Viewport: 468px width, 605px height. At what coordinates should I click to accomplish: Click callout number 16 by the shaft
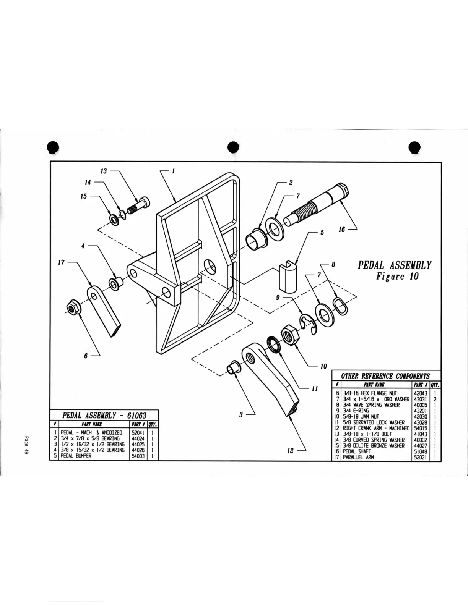pos(341,229)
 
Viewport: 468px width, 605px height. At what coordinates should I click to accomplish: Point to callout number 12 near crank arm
pos(290,451)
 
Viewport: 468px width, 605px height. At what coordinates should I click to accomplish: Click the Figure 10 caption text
pos(397,276)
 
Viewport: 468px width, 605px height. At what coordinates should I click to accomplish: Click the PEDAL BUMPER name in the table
pos(76,456)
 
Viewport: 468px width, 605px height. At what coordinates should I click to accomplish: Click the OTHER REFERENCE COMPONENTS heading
pos(385,376)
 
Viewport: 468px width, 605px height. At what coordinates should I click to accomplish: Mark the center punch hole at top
pos(232,147)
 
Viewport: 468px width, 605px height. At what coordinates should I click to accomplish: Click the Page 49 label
pos(27,445)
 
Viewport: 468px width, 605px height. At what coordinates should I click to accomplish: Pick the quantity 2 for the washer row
pos(435,399)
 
